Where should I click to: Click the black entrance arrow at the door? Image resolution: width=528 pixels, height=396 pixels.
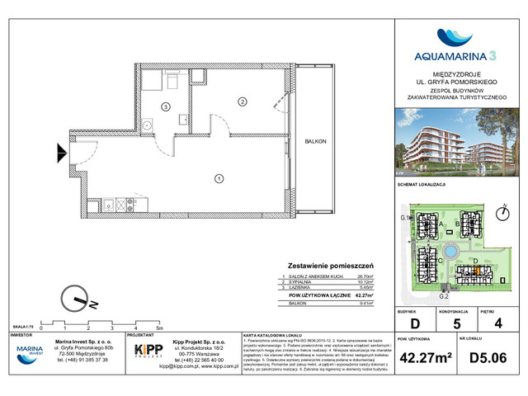(x=62, y=152)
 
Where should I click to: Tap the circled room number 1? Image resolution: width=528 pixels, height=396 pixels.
(x=219, y=177)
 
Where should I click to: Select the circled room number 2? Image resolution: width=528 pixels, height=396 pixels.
(x=242, y=101)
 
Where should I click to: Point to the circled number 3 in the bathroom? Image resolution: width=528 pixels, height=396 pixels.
(x=166, y=107)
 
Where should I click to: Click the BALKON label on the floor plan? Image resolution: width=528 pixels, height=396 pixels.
(x=314, y=141)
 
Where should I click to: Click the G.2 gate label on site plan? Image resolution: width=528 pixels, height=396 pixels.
(x=442, y=295)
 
